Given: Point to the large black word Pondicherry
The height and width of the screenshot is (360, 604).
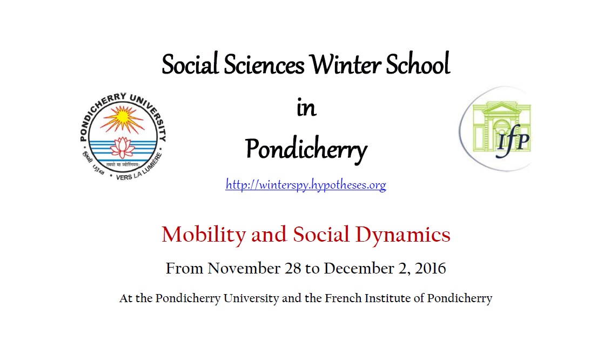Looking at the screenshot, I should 306,149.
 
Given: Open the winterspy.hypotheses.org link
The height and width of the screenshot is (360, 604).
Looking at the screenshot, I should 306,185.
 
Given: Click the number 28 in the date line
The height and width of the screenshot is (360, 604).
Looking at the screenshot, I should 293,268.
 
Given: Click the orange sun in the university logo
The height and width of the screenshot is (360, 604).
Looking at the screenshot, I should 122,117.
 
